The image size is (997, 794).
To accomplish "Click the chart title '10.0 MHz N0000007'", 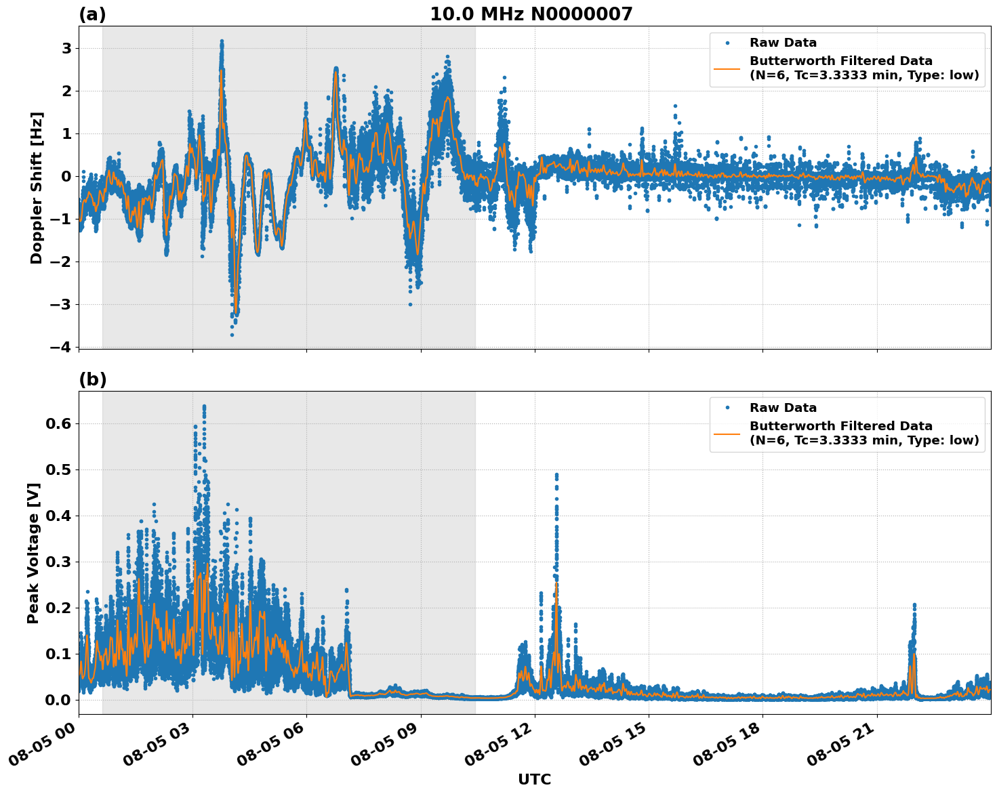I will (531, 14).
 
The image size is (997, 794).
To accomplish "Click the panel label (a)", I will (92, 14).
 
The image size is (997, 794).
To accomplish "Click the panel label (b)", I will (93, 379).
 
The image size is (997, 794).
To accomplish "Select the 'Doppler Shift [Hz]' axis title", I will (37, 188).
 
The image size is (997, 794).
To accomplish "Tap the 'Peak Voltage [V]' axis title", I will (33, 553).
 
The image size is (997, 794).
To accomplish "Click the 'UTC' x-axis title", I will (534, 779).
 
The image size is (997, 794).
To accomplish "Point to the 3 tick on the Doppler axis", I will (66, 48).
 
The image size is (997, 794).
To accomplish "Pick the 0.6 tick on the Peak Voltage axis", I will (61, 423).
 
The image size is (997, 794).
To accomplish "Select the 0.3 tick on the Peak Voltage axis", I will (61, 562).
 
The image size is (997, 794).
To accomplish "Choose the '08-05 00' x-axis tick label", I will (47, 745).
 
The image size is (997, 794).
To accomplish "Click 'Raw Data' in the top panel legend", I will (783, 43).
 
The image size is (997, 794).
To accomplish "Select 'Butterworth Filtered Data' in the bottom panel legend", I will (840, 426).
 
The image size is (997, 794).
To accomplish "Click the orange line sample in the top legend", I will (727, 68).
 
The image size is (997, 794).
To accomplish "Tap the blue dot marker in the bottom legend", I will (727, 408).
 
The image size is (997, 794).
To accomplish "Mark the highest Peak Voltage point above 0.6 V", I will (204, 406).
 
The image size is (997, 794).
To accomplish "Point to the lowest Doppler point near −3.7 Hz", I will (232, 335).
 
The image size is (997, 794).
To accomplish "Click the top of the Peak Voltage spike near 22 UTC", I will (914, 604).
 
